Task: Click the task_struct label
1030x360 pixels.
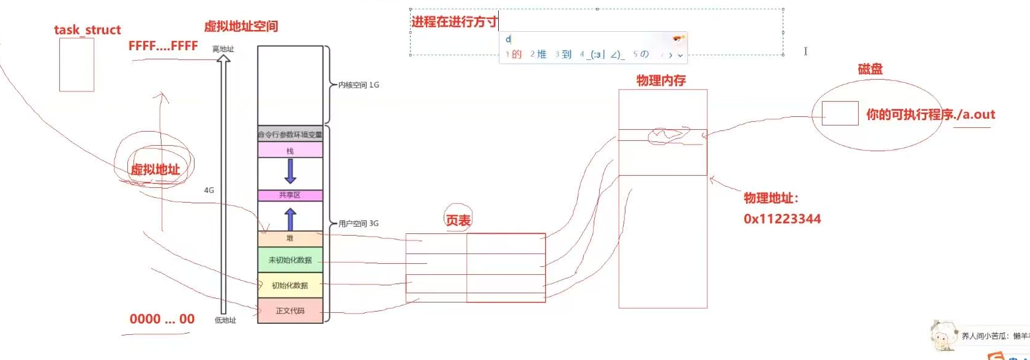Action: pyautogui.click(x=88, y=30)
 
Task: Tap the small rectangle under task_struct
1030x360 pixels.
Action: pyautogui.click(x=77, y=65)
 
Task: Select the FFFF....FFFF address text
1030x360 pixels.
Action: pyautogui.click(x=163, y=46)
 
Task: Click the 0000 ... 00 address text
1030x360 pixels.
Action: pyautogui.click(x=162, y=319)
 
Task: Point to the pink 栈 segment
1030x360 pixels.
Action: pyautogui.click(x=290, y=151)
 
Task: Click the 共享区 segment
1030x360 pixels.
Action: pyautogui.click(x=290, y=195)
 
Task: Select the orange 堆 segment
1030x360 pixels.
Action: pyautogui.click(x=290, y=239)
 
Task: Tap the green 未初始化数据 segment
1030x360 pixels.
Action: pyautogui.click(x=290, y=260)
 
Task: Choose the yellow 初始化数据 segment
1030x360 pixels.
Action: pyautogui.click(x=290, y=285)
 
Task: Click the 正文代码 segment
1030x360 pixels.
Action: pyautogui.click(x=290, y=311)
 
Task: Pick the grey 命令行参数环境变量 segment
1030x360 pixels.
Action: pyautogui.click(x=290, y=134)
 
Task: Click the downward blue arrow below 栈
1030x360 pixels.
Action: pyautogui.click(x=291, y=171)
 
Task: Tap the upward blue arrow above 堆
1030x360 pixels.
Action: pyautogui.click(x=291, y=219)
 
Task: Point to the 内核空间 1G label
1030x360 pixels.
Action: pyautogui.click(x=359, y=85)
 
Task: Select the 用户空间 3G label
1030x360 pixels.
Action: pyautogui.click(x=359, y=223)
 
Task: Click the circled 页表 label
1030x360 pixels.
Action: pyautogui.click(x=458, y=220)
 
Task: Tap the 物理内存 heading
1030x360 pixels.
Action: pyautogui.click(x=661, y=80)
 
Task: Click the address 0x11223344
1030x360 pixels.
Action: pyautogui.click(x=782, y=219)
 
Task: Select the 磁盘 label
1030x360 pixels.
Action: pyautogui.click(x=870, y=69)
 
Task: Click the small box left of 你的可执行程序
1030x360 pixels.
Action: pyautogui.click(x=840, y=113)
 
